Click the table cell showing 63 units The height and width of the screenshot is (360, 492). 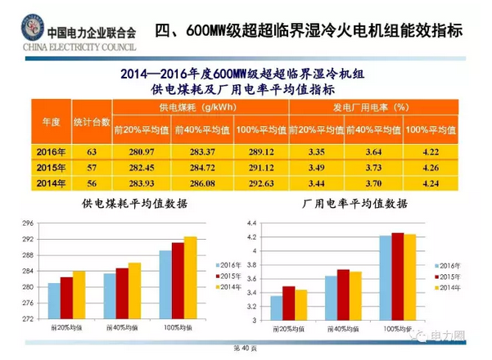pos(92,151)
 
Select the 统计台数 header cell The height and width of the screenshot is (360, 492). pos(92,119)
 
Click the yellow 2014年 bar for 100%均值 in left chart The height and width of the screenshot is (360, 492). pos(191,277)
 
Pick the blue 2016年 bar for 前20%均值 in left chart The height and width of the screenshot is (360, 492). pos(54,300)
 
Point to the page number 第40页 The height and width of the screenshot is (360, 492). pos(246,349)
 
